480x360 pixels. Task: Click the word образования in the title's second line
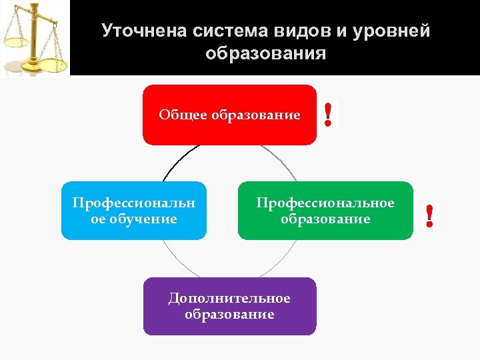point(266,53)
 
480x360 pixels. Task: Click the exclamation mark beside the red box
point(329,114)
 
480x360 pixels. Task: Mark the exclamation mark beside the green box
point(430,217)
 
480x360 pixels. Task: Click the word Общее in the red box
point(183,115)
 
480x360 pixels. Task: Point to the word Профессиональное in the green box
point(325,203)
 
